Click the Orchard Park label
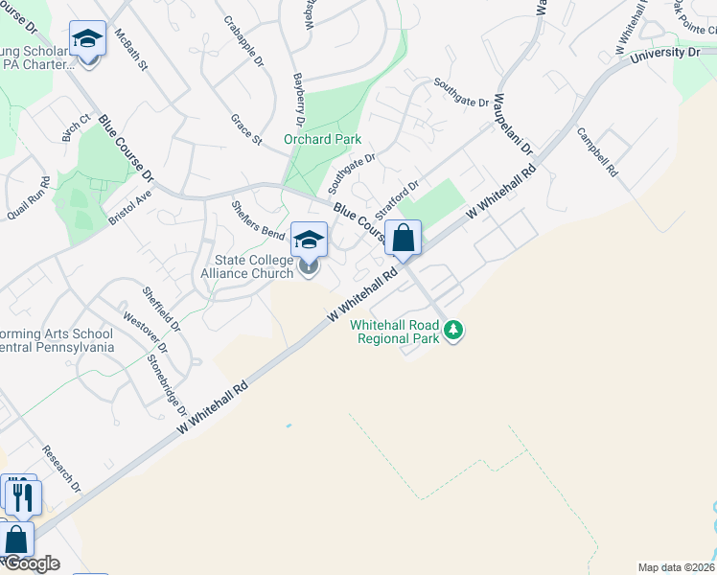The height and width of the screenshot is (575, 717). [x=322, y=139]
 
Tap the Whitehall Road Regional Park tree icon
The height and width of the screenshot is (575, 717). [x=454, y=332]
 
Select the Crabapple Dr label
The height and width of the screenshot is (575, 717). [x=243, y=41]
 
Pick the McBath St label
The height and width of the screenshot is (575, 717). [x=131, y=51]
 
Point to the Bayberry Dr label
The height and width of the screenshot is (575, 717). [x=298, y=102]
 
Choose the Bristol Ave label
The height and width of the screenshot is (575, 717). [x=129, y=206]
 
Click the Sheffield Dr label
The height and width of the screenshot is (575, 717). [x=161, y=309]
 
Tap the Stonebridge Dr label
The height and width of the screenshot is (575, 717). [x=167, y=383]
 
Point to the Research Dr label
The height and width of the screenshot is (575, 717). [x=62, y=470]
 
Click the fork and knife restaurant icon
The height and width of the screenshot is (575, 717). [x=21, y=496]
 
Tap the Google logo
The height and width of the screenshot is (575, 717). [x=32, y=563]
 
